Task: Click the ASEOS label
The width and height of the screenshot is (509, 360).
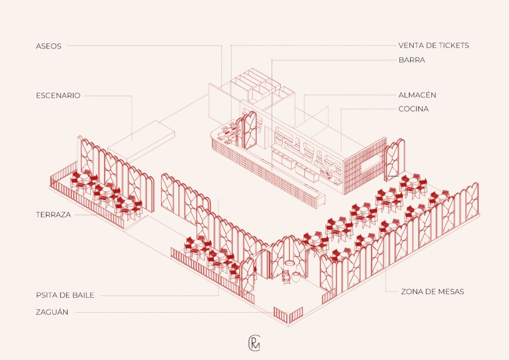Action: (x=48, y=45)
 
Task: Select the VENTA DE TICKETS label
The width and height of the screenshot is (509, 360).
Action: (x=433, y=45)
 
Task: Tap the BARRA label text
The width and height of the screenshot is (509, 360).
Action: (x=412, y=60)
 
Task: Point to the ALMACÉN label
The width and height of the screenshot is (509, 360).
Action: (x=417, y=95)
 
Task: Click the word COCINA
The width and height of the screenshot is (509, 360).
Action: (x=414, y=109)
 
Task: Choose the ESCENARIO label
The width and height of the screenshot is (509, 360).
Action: (x=58, y=95)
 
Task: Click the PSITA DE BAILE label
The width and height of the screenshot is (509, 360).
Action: (x=65, y=295)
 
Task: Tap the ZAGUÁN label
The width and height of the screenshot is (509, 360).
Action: (x=52, y=312)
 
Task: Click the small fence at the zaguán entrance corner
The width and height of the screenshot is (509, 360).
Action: (x=288, y=314)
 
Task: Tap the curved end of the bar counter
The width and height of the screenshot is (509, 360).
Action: (x=216, y=136)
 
